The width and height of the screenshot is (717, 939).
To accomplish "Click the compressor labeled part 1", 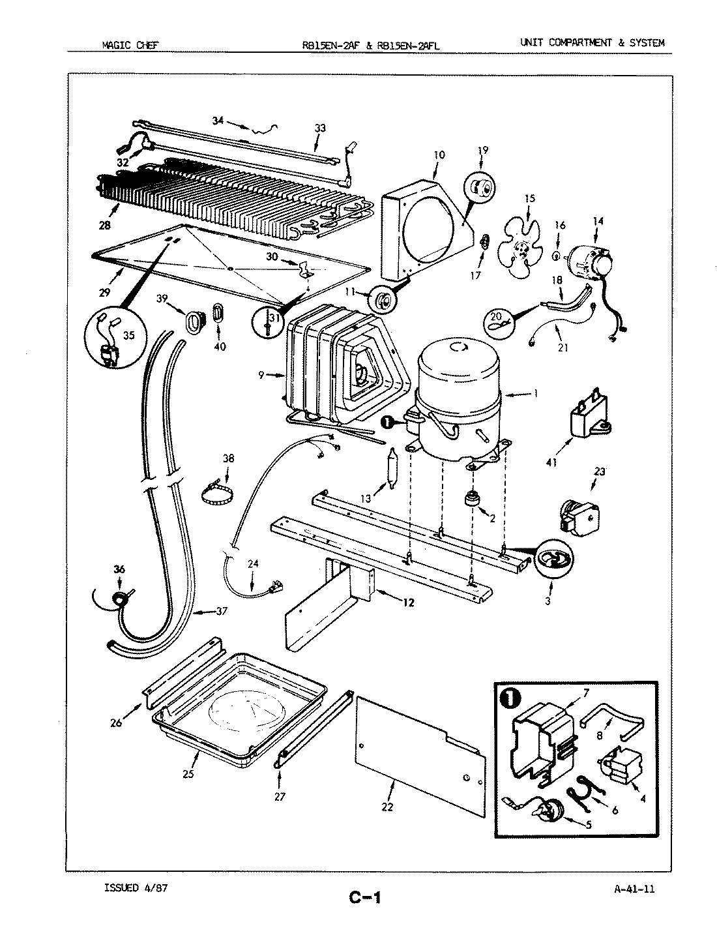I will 456,398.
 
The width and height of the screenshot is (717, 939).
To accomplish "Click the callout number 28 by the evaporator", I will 104,226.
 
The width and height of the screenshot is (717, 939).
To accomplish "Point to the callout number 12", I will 408,603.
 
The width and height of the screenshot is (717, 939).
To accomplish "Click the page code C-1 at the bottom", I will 364,899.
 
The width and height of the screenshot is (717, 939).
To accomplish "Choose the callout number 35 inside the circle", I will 128,336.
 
